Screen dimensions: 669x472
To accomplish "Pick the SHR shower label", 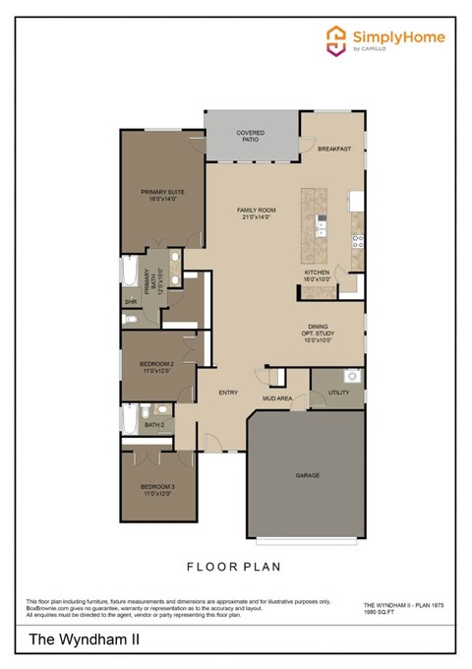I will click(130, 301).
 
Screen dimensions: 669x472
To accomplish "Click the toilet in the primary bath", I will click(130, 319).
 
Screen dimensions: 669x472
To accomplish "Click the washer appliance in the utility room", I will click(350, 376).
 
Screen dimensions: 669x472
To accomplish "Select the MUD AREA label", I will click(276, 399).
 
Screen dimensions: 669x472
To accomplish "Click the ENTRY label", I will click(228, 393).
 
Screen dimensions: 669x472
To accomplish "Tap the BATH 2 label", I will click(154, 425).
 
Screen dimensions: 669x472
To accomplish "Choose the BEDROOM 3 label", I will click(156, 490).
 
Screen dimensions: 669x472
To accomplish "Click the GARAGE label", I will click(308, 475).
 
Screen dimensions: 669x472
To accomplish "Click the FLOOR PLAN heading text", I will click(234, 567).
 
